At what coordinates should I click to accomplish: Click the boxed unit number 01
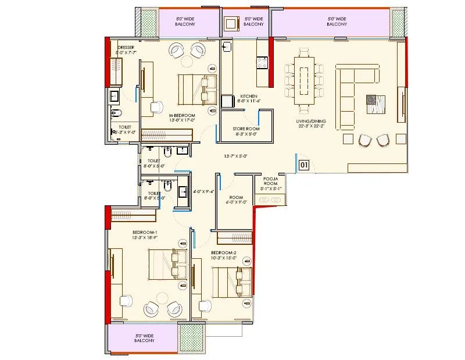[303, 165]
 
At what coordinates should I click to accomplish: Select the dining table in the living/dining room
[303, 80]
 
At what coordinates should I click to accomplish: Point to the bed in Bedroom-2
[231, 282]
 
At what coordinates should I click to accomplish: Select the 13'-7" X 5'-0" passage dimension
[236, 156]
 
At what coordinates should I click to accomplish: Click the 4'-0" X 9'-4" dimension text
[203, 191]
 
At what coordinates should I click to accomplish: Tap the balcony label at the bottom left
[144, 338]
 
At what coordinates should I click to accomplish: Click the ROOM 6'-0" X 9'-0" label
[236, 199]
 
